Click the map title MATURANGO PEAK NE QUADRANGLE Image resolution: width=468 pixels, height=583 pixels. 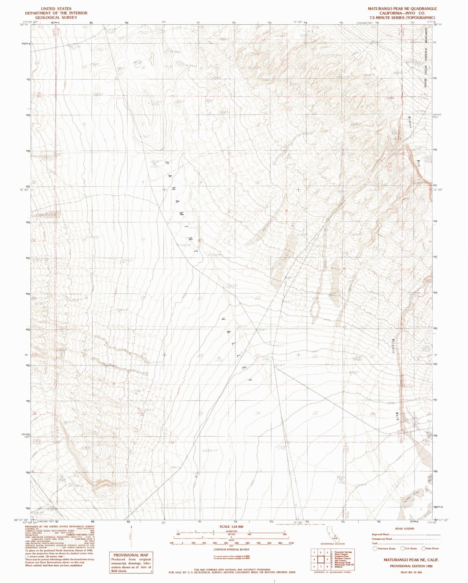402,9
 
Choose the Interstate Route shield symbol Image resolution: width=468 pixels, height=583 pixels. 375,549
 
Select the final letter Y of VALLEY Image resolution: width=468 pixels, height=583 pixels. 250,379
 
